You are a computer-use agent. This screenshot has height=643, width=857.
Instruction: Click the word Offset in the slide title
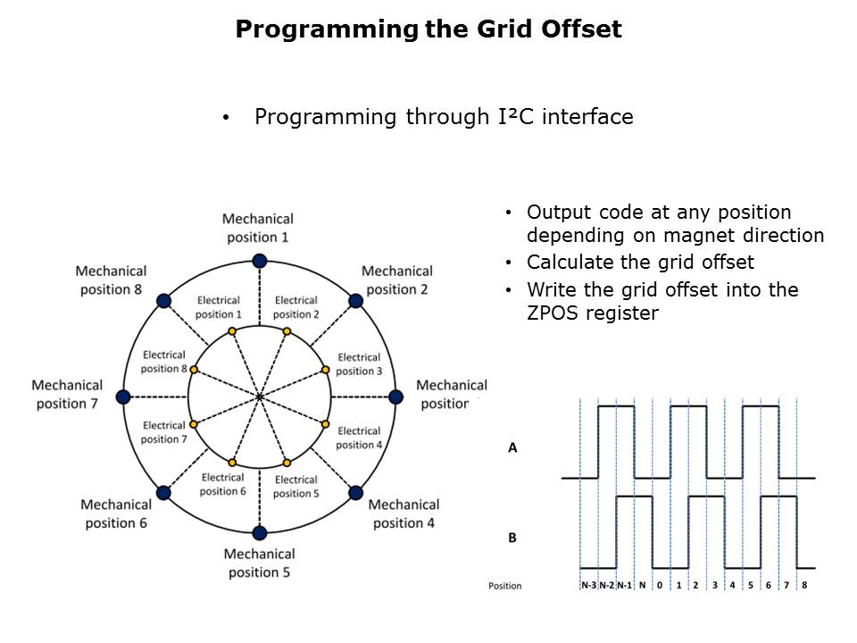pyautogui.click(x=581, y=29)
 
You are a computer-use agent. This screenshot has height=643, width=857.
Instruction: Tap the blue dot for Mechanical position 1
pyautogui.click(x=260, y=261)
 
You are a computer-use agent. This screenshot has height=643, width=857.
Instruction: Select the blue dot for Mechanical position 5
pyautogui.click(x=260, y=532)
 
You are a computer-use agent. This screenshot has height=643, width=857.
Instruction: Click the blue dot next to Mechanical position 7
pyautogui.click(x=123, y=397)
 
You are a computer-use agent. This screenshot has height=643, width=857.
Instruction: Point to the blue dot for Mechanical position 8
pyautogui.click(x=164, y=301)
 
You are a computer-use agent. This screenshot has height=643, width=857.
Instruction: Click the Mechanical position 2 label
pyautogui.click(x=397, y=280)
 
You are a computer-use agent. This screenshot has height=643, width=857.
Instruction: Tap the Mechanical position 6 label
pyautogui.click(x=116, y=514)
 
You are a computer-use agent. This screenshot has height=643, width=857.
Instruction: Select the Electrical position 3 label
pyautogui.click(x=359, y=364)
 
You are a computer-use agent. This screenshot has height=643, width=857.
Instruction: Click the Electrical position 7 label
pyautogui.click(x=164, y=432)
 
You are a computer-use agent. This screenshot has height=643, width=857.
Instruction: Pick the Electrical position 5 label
pyautogui.click(x=296, y=486)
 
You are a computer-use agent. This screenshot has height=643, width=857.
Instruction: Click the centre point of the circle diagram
pyautogui.click(x=260, y=397)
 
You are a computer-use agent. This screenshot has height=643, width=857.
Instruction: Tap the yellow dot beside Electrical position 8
pyautogui.click(x=194, y=370)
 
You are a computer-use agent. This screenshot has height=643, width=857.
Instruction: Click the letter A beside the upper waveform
pyautogui.click(x=512, y=447)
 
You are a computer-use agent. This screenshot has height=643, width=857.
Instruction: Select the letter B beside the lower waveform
pyautogui.click(x=512, y=538)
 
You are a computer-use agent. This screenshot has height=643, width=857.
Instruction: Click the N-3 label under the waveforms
pyautogui.click(x=588, y=585)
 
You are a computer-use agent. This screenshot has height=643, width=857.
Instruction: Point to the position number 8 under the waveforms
pyautogui.click(x=804, y=585)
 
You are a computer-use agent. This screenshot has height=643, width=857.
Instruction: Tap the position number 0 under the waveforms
pyautogui.click(x=660, y=585)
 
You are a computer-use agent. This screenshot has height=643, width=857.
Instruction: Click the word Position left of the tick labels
pyautogui.click(x=505, y=586)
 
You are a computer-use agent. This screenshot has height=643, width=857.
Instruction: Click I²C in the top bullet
pyautogui.click(x=516, y=116)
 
